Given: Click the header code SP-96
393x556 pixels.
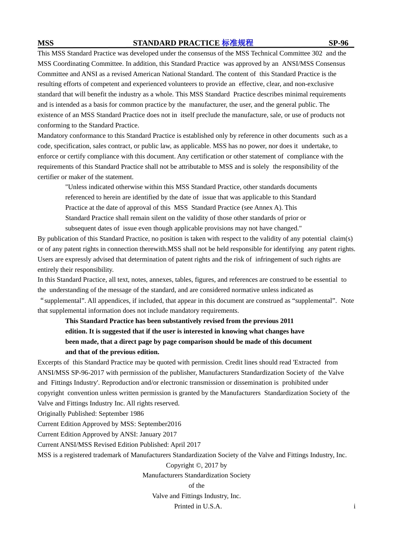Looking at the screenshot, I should pyautogui.click(x=338, y=43).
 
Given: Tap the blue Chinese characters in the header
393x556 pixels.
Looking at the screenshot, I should pyautogui.click(x=237, y=43).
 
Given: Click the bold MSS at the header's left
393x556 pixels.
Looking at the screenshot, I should pyautogui.click(x=46, y=43).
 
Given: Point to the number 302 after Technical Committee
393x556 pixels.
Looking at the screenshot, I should pyautogui.click(x=317, y=53).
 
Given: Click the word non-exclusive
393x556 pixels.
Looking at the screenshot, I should pyautogui.click(x=314, y=84).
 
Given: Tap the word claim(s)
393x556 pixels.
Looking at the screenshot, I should pyautogui.click(x=341, y=239).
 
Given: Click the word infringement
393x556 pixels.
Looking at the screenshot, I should pyautogui.click(x=274, y=259).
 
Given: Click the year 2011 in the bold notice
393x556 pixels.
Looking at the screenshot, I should pyautogui.click(x=287, y=321).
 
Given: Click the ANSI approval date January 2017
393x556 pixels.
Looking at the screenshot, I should pyautogui.click(x=158, y=434).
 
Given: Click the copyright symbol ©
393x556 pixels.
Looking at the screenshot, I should pyautogui.click(x=199, y=465).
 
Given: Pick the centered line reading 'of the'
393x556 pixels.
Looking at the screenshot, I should pyautogui.click(x=196, y=486).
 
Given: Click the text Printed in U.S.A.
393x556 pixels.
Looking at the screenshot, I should pyautogui.click(x=198, y=506).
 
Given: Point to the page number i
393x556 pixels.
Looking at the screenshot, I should pyautogui.click(x=355, y=506).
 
